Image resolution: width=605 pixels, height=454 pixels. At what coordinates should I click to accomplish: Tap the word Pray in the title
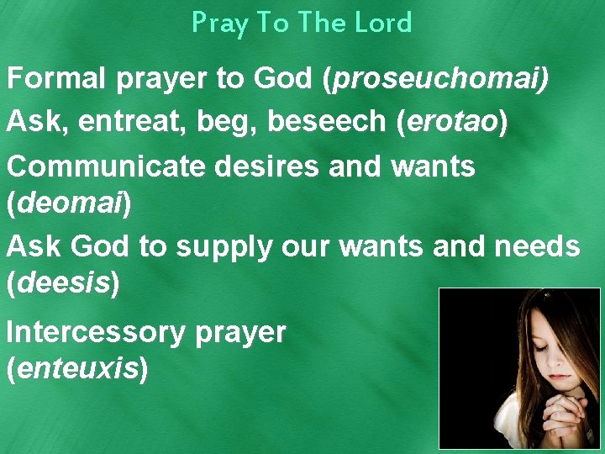[220, 24]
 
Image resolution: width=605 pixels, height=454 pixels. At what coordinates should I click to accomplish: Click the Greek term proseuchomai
[437, 81]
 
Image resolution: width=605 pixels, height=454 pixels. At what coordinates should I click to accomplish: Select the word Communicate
[104, 166]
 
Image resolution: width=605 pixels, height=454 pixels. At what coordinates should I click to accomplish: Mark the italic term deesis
[63, 283]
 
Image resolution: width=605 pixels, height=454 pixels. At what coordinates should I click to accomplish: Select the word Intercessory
[95, 333]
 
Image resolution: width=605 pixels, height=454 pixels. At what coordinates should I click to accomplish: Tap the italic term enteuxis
[76, 367]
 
